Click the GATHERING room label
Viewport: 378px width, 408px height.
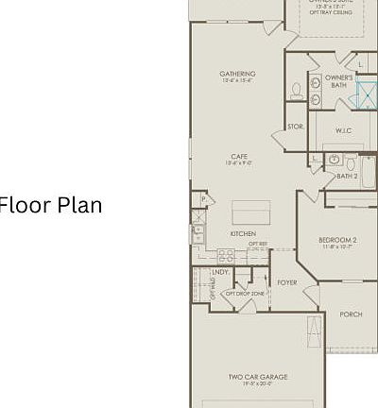(237, 74)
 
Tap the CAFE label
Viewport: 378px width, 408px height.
(240, 157)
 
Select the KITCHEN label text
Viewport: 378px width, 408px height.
(243, 233)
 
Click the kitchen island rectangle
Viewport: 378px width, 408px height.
(250, 210)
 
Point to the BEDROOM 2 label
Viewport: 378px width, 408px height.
(337, 241)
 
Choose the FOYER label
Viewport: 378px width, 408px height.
(287, 282)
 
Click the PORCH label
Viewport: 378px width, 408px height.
(351, 314)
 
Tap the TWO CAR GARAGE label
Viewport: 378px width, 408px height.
(258, 377)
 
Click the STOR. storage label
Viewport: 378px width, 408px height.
(296, 125)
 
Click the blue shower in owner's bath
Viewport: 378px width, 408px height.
(363, 92)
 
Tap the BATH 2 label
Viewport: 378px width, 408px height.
(347, 175)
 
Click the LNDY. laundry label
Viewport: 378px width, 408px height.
(220, 272)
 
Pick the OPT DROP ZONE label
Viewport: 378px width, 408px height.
(244, 294)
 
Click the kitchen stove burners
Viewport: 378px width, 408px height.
(226, 254)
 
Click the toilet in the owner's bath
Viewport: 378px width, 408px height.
(297, 92)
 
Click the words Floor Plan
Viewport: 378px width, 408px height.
(51, 205)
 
